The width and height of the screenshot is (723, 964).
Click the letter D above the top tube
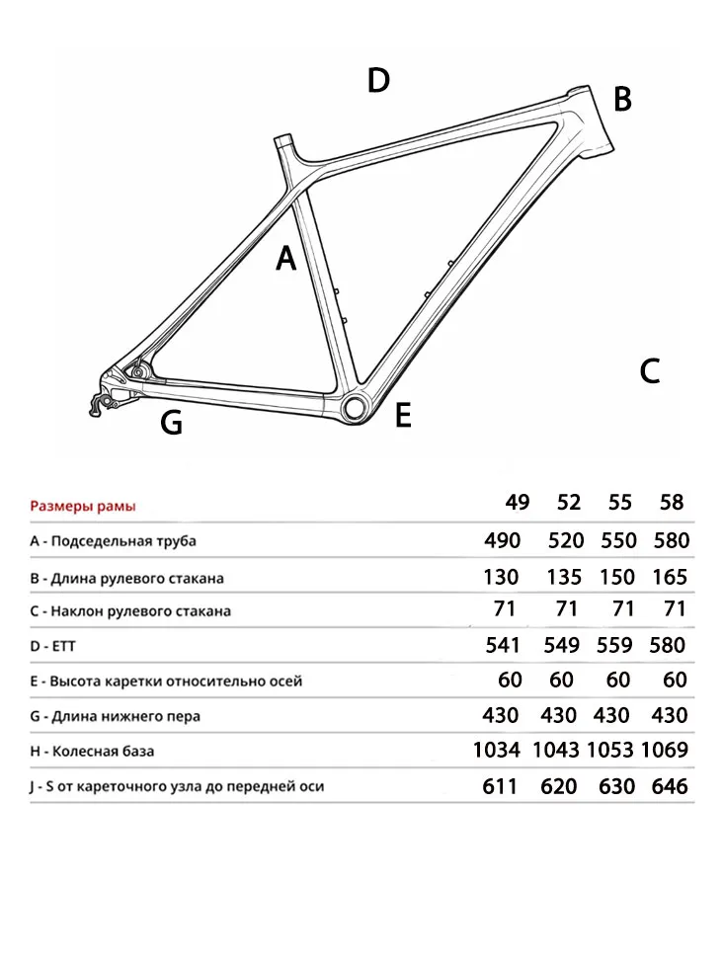click(378, 80)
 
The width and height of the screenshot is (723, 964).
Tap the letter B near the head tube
click(622, 99)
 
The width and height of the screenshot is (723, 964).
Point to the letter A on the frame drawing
click(285, 259)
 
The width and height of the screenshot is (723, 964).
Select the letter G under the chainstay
click(171, 424)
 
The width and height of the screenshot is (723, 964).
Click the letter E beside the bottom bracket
click(403, 416)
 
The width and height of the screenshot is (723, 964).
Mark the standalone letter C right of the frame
click(649, 371)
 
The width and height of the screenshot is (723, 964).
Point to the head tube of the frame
click(592, 120)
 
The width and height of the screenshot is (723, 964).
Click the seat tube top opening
click(284, 140)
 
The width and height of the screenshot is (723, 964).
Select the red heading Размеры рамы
click(83, 507)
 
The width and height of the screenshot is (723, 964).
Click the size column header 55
click(620, 503)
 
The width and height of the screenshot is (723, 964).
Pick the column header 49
click(518, 503)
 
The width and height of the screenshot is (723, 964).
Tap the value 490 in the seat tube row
click(503, 540)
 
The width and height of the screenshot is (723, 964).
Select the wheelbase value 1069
click(665, 751)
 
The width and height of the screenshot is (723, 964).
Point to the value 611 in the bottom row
click(503, 786)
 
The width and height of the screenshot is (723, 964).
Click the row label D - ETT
click(52, 646)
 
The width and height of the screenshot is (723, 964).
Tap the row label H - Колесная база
click(92, 752)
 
